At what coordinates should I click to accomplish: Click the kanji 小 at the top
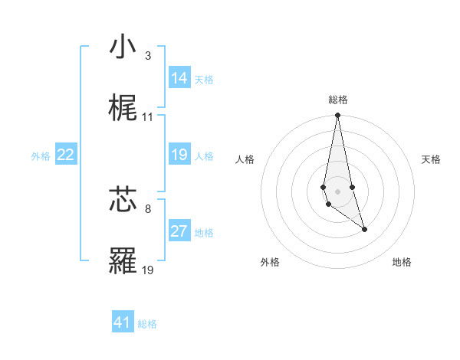[123, 47]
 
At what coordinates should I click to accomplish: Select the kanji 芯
[123, 199]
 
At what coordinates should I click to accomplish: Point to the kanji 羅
[123, 260]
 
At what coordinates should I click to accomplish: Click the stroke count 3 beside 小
[148, 56]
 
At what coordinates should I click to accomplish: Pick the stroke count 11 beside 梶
[148, 117]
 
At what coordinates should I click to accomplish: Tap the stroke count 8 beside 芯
[148, 208]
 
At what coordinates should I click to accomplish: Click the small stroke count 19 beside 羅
[148, 270]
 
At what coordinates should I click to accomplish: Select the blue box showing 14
[179, 78]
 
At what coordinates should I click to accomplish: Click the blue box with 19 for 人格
[179, 155]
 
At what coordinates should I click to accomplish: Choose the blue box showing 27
[179, 231]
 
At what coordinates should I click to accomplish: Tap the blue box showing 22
[66, 155]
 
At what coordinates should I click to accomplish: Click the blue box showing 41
[123, 322]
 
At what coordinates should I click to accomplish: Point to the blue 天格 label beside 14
[204, 80]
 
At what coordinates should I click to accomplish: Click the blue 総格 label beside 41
[147, 324]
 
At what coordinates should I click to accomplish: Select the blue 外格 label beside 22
[41, 156]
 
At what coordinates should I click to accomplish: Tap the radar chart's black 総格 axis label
[338, 100]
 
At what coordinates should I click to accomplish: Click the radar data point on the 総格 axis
[338, 116]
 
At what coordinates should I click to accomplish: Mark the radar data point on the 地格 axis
[364, 229]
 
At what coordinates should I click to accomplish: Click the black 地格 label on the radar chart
[402, 262]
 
